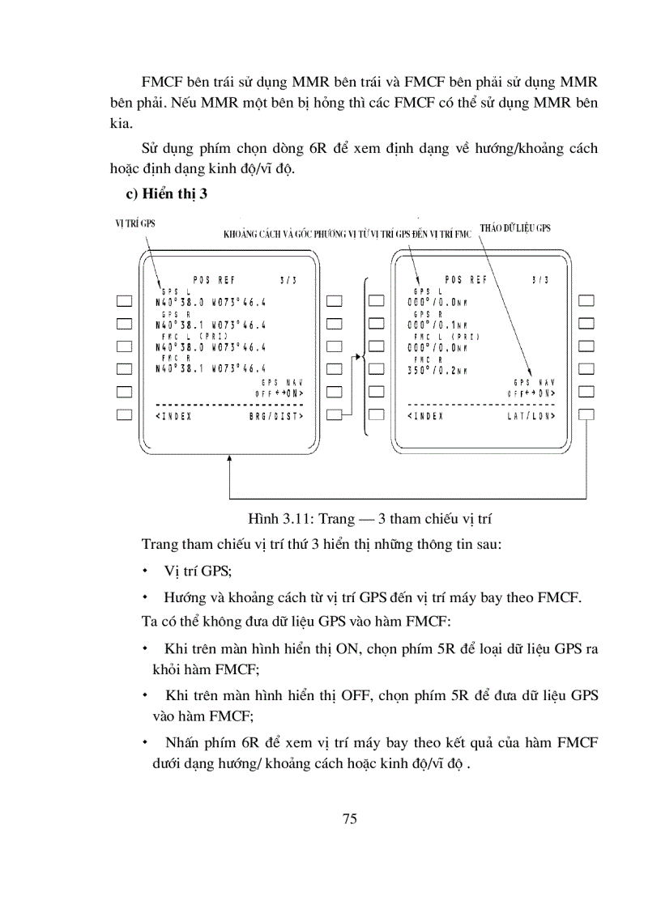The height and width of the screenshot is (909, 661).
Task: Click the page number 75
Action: pyautogui.click(x=349, y=818)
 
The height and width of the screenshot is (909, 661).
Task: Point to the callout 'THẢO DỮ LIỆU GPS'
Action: pyautogui.click(x=515, y=228)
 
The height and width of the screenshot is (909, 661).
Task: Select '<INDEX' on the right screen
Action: pyautogui.click(x=426, y=415)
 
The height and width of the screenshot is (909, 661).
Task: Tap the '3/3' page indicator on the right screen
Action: pyautogui.click(x=541, y=280)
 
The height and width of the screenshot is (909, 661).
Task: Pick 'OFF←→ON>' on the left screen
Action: pyautogui.click(x=280, y=393)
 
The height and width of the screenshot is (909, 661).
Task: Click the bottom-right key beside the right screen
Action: pyautogui.click(x=587, y=414)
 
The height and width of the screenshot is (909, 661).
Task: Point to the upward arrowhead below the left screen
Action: pyautogui.click(x=231, y=458)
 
